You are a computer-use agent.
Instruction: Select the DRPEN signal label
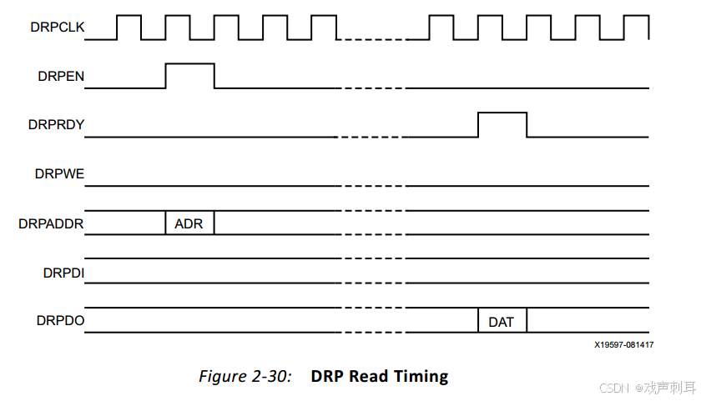coord(60,77)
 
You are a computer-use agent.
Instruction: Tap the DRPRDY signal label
coord(56,125)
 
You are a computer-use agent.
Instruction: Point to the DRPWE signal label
coord(59,174)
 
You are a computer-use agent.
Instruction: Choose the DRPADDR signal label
coord(52,223)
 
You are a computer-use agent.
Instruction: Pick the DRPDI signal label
coord(63,272)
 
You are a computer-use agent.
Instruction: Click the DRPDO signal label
coord(60,321)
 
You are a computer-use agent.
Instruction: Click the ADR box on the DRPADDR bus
coord(189,223)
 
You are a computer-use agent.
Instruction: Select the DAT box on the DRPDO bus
coord(502,321)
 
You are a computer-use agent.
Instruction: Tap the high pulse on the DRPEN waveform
coord(189,75)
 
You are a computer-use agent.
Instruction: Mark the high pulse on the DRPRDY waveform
coord(502,124)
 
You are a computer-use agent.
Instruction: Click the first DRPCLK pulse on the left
coord(129,27)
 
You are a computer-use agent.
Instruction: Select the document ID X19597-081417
coord(623,344)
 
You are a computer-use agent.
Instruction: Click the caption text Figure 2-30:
coord(245,376)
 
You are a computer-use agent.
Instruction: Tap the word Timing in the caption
coord(421,376)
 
